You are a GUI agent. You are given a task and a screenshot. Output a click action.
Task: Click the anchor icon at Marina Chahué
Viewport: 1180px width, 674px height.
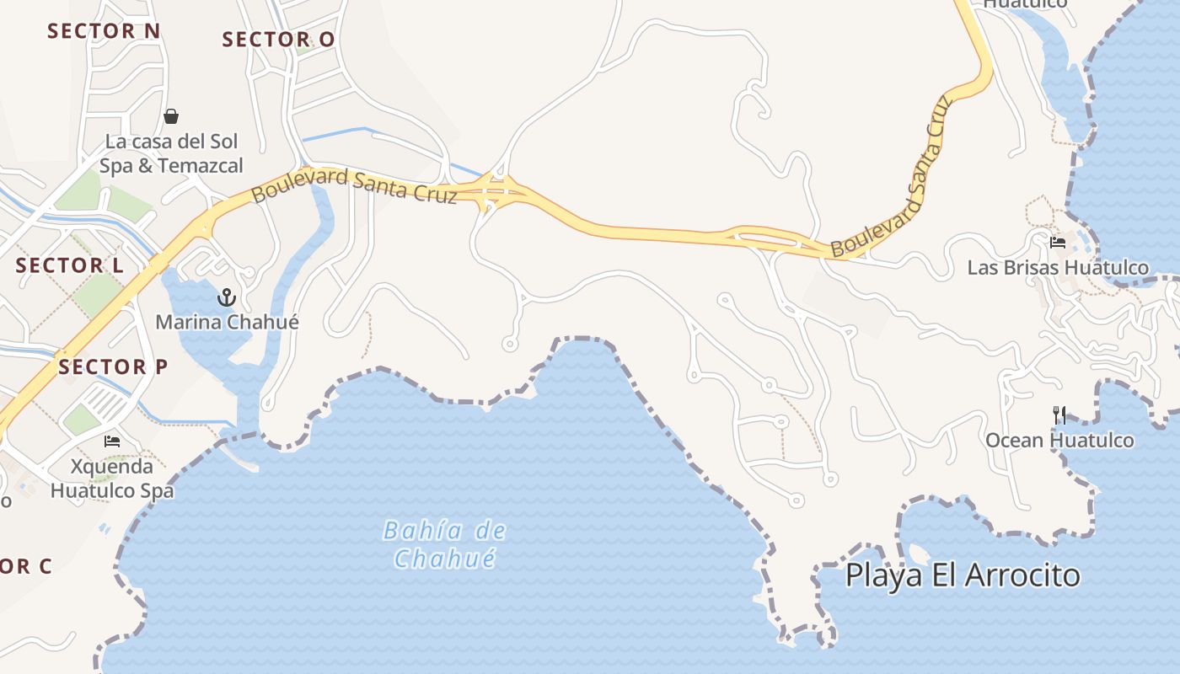point(226,297)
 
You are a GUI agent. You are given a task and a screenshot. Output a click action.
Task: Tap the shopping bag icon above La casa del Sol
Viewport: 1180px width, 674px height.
point(171,116)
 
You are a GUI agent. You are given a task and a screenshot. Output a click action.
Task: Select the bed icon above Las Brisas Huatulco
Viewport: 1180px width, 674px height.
point(1058,243)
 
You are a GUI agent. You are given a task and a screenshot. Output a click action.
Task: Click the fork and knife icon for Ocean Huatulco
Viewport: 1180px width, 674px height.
point(1059,415)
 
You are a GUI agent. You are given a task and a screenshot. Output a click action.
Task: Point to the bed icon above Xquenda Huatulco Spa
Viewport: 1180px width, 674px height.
point(112,441)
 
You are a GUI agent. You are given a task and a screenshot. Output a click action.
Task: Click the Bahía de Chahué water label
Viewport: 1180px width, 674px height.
point(444,544)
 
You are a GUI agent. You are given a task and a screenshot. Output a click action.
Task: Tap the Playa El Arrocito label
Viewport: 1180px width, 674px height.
point(963,575)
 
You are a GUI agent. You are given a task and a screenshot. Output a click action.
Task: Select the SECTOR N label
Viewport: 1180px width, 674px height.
point(104,31)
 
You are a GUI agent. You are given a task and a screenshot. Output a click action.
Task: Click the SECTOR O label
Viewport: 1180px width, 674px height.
point(278,40)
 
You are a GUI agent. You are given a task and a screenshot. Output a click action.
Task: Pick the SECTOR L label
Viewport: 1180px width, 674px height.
point(70,265)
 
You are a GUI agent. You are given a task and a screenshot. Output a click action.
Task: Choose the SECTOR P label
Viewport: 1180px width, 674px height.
point(113,367)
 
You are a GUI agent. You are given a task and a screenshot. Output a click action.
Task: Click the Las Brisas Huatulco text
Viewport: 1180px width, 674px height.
point(1058,268)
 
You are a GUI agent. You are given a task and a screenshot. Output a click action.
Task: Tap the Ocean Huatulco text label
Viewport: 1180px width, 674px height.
point(1059,441)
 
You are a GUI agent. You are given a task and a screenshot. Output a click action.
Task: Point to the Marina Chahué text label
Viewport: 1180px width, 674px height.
point(227,322)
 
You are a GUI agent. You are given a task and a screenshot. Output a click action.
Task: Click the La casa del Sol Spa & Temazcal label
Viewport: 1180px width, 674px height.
point(171,153)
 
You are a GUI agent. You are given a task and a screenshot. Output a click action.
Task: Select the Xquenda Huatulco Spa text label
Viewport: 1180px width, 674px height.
point(112,479)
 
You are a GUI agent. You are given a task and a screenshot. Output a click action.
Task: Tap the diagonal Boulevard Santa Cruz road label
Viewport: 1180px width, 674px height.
point(892,177)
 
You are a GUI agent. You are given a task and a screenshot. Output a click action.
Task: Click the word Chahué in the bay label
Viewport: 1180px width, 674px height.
point(444,559)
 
